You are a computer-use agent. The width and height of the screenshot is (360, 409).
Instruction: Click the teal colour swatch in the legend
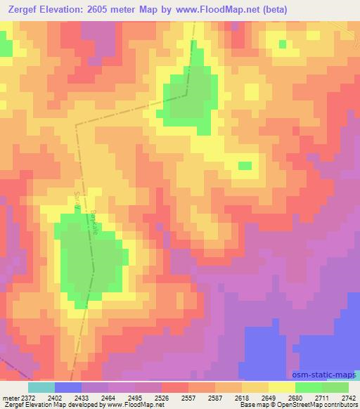click(x=41, y=387)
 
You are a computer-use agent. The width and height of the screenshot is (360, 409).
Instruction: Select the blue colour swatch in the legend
click(x=67, y=387)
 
